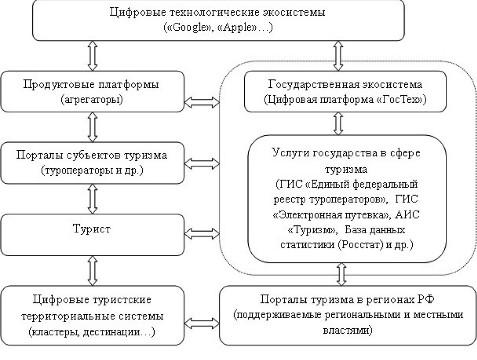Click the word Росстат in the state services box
click(x=373, y=244)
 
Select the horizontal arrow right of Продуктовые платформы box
click(x=203, y=102)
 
